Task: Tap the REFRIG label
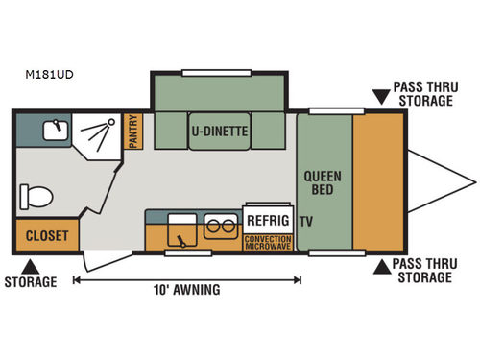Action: [x=266, y=218]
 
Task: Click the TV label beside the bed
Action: [x=305, y=221]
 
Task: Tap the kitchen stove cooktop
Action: [x=180, y=230]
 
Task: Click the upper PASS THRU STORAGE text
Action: [x=422, y=94]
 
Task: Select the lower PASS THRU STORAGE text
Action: [x=422, y=272]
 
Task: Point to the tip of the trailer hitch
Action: [x=474, y=180]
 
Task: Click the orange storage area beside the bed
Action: [x=379, y=180]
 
